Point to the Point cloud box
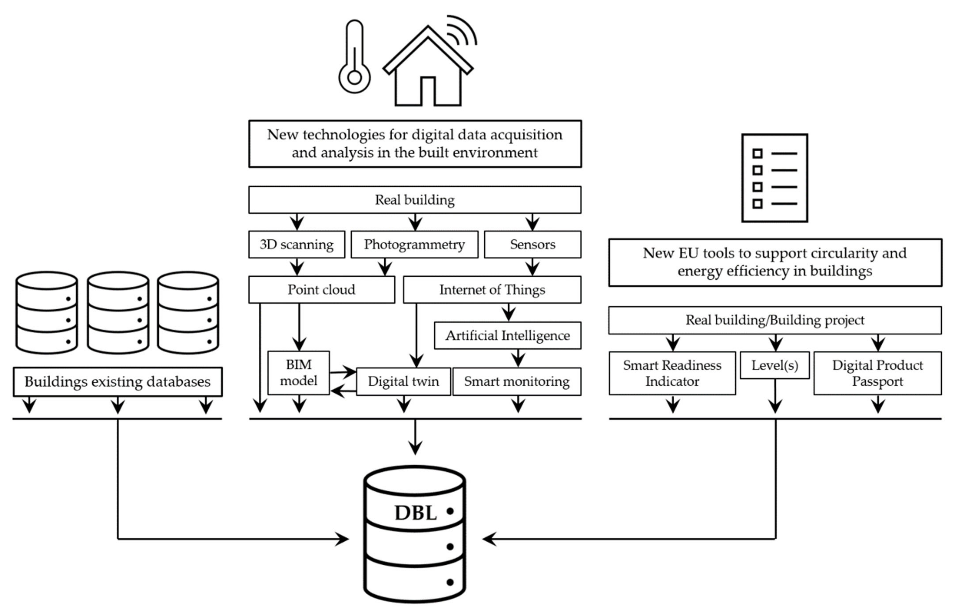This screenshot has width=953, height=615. [322, 289]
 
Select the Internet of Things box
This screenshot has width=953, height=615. [492, 289]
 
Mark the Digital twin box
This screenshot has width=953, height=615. [403, 381]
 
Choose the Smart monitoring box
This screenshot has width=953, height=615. [517, 381]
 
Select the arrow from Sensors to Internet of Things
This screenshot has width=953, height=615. [532, 267]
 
